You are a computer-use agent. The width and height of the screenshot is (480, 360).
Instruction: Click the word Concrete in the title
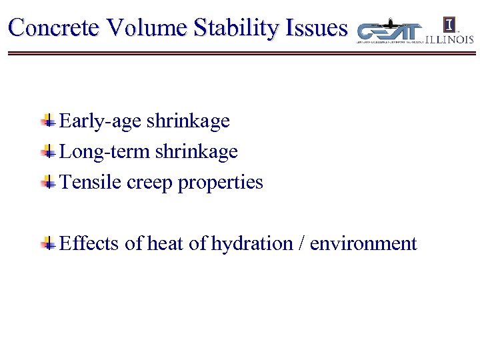55,28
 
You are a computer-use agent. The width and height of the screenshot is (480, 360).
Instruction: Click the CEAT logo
390,31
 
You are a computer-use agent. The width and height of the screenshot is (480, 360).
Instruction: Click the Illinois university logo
450,30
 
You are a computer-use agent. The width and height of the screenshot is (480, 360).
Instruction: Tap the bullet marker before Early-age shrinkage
48,121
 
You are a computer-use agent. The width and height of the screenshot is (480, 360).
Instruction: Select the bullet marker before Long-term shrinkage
48,151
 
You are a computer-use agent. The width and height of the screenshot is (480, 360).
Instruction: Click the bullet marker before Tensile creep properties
48,182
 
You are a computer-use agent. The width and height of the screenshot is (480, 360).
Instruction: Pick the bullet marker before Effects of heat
48,243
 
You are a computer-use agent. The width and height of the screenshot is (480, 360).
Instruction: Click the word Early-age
101,121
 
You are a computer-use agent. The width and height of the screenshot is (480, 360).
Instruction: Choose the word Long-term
105,152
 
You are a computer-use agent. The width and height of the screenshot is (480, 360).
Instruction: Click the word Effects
89,244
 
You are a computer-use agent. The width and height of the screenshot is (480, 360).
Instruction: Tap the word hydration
252,244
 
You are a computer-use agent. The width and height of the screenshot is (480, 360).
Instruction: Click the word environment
363,244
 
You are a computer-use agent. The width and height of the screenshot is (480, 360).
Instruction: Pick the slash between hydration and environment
302,244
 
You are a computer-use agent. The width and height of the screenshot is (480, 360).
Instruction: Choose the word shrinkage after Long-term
196,152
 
